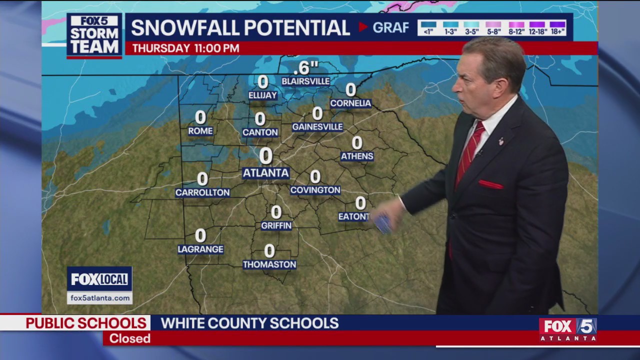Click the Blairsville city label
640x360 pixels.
(305, 81)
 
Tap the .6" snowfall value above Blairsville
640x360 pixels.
(305, 67)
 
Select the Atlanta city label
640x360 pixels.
(265, 173)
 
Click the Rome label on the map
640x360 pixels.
(200, 131)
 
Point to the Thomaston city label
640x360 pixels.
(269, 264)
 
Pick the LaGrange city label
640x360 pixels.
(200, 249)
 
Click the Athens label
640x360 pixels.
(357, 156)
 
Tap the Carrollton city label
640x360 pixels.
(202, 192)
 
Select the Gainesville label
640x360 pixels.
(317, 127)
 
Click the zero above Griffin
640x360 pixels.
(276, 212)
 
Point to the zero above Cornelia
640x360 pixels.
(351, 90)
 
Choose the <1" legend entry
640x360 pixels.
(428, 27)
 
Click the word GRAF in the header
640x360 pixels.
(390, 27)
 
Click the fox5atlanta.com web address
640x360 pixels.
(100, 298)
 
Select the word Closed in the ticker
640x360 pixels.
(130, 338)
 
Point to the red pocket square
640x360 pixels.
(490, 184)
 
